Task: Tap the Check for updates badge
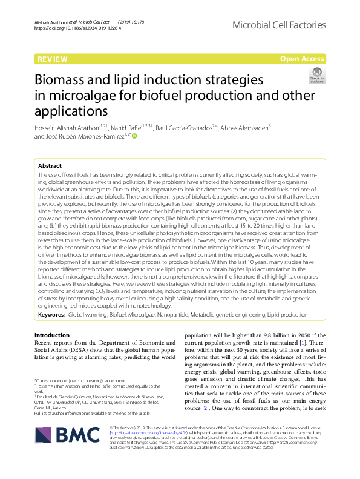pyautogui.click(x=316, y=75)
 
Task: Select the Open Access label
pyautogui.click(x=303, y=59)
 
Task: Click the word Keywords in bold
pyautogui.click(x=51, y=315)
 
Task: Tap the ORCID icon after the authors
pyautogui.click(x=134, y=136)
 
